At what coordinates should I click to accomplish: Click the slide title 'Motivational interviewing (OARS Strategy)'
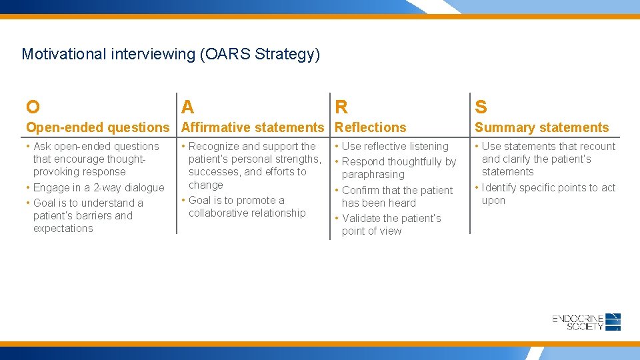coord(171,54)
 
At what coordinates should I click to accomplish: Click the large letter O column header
coord(33,107)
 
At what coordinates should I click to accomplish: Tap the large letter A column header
coord(188,107)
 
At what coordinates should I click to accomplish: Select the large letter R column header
coord(341,107)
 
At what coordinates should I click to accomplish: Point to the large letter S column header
coord(481,107)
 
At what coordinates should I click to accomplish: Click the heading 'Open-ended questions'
coord(98,127)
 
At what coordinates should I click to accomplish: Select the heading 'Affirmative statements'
coord(253,127)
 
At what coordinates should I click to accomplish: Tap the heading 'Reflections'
coord(371,127)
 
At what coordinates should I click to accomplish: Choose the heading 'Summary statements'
coord(541,127)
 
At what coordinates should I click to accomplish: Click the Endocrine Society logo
coord(587,322)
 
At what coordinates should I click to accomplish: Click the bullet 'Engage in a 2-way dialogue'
coord(98,187)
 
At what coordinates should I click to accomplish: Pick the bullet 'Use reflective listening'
coord(395,146)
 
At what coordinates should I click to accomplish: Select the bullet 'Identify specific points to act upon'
coord(548,194)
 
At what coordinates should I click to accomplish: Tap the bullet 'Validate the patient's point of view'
coord(391,225)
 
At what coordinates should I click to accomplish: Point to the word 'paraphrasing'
coord(373,175)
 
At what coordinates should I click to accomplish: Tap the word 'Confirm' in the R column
coord(361,190)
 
